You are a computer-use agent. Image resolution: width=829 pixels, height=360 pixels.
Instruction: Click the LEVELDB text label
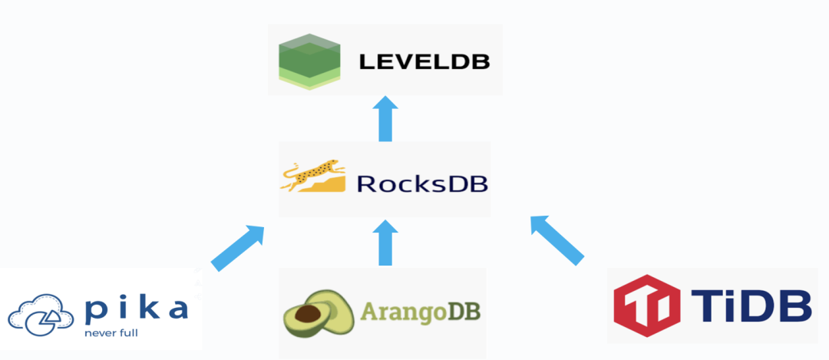pos(424,61)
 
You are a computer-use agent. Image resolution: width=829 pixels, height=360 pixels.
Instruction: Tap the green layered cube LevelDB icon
pos(309,61)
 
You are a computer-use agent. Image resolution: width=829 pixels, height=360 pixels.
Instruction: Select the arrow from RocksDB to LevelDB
pos(385,119)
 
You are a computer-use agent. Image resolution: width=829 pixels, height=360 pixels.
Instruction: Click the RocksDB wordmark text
pos(422,184)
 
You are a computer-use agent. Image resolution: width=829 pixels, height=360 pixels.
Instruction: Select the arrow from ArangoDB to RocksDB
pos(385,243)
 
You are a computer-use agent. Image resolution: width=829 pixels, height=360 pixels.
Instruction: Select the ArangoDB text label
pos(421,313)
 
